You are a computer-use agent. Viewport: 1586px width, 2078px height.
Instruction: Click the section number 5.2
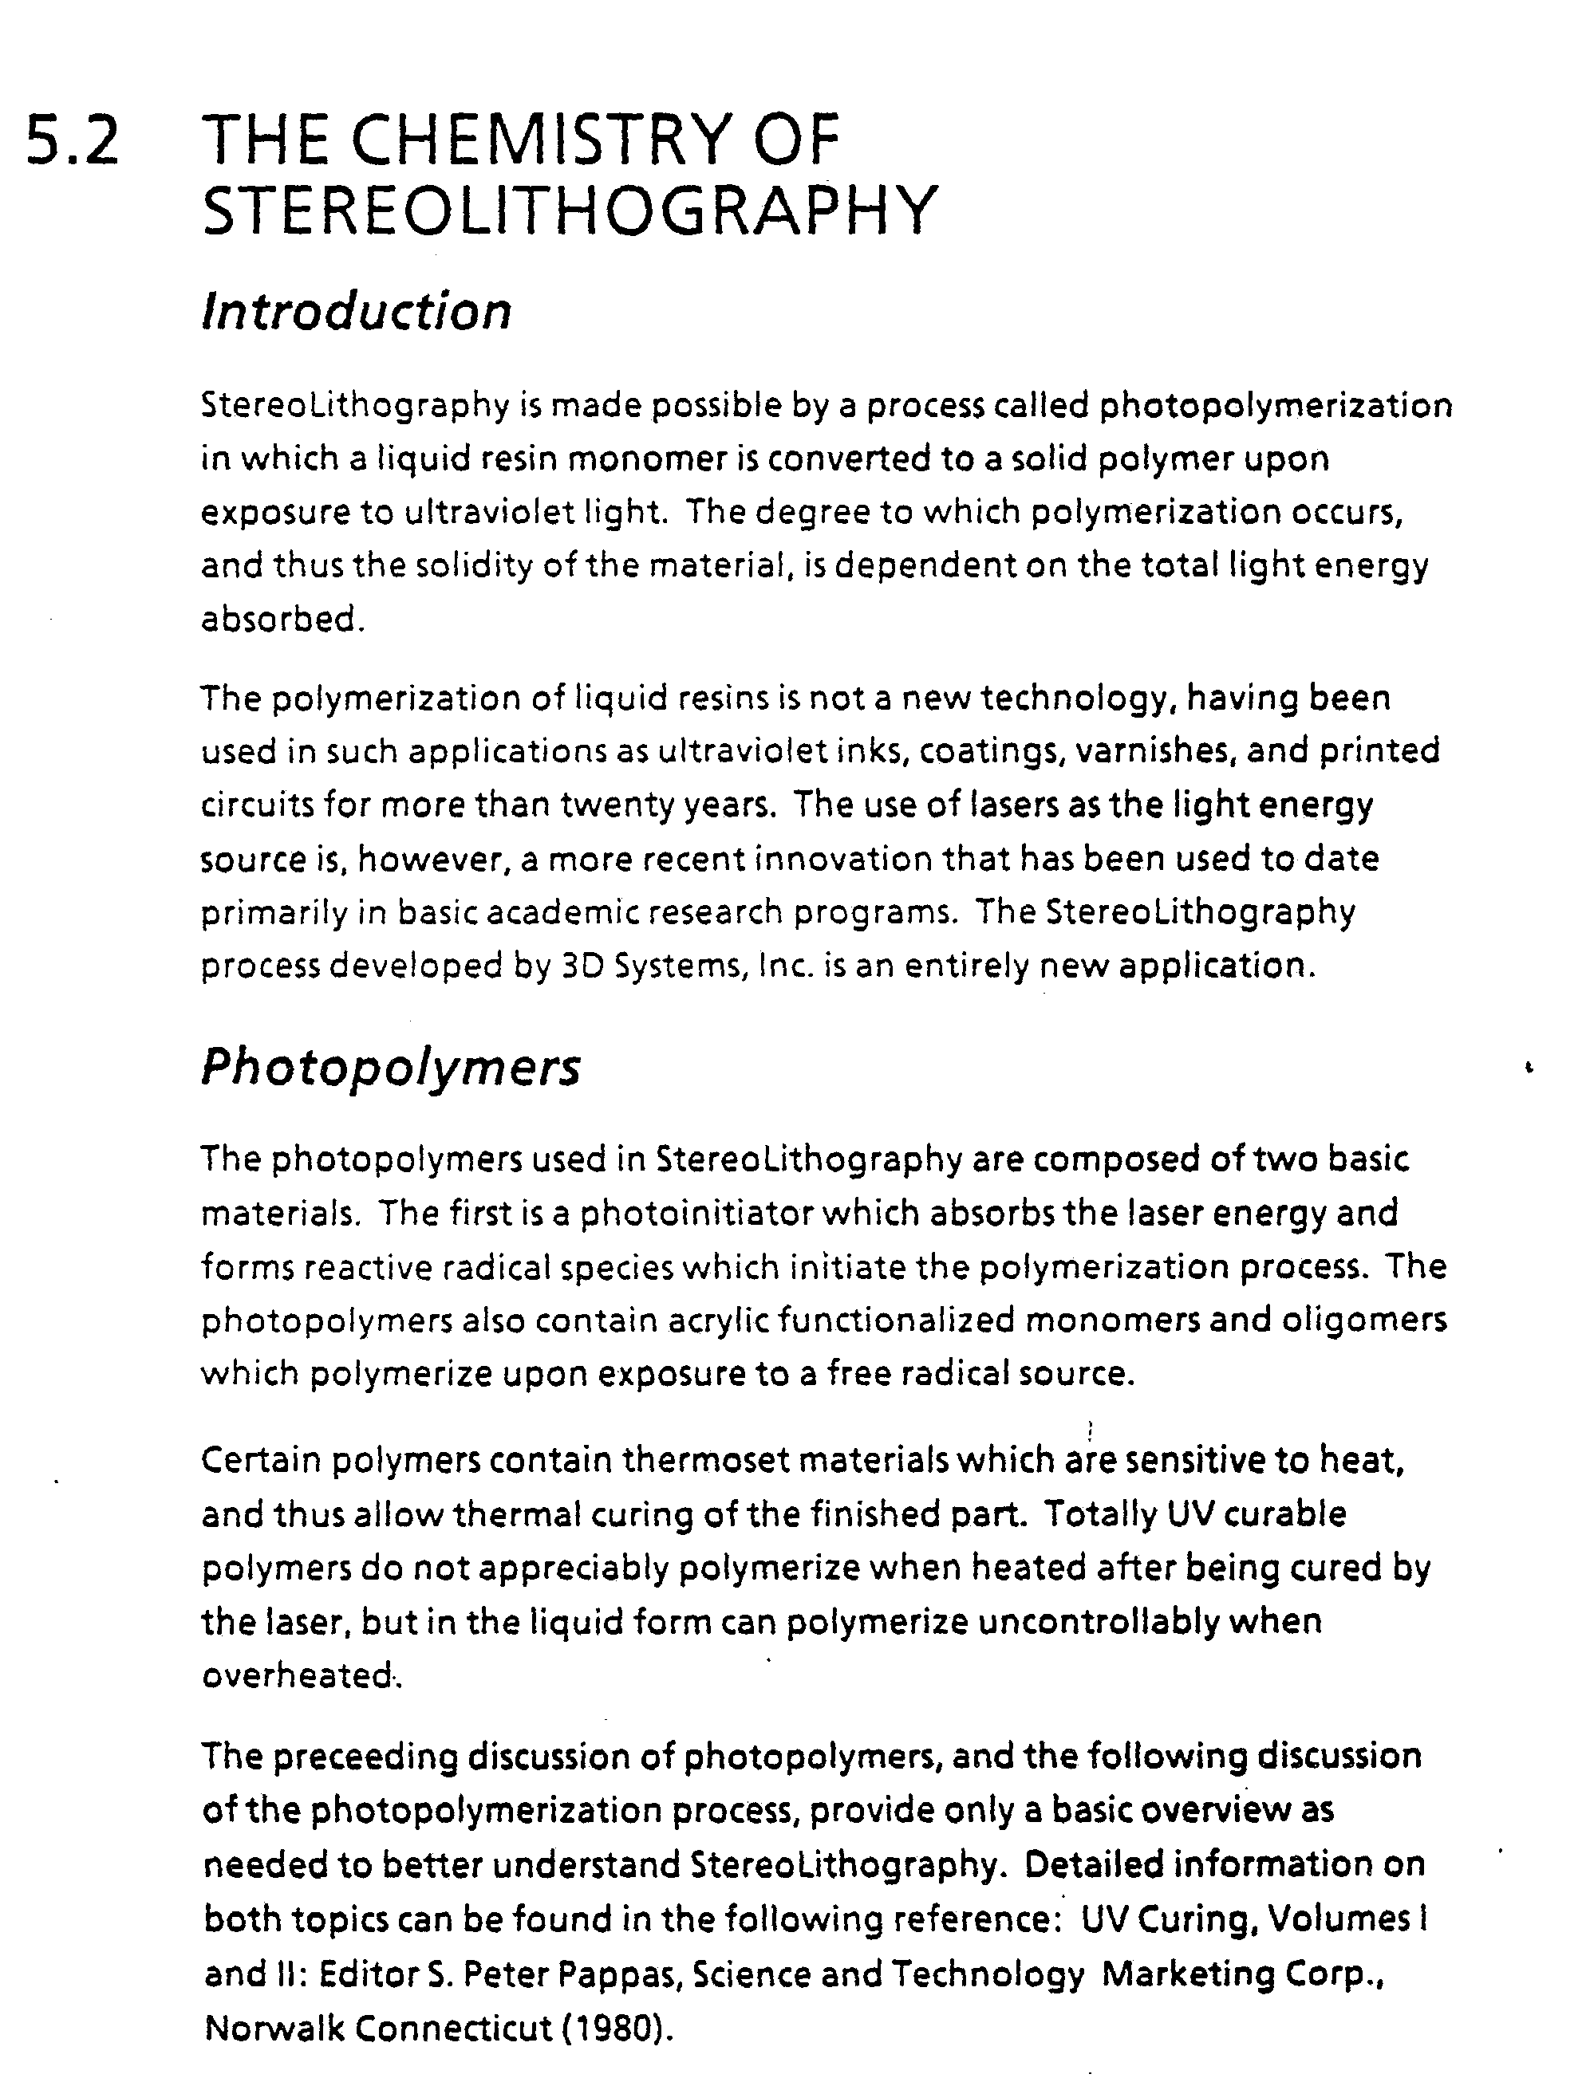[72, 140]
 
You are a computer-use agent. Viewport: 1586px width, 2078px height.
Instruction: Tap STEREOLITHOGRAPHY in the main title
[570, 211]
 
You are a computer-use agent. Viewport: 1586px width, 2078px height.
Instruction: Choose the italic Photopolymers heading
[390, 1068]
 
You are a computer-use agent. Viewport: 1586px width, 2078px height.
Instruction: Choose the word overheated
[298, 1675]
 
